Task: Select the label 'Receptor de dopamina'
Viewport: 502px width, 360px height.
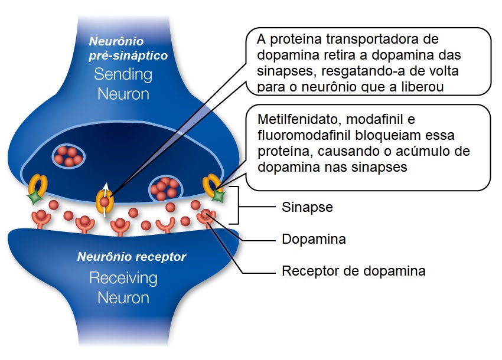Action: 354,271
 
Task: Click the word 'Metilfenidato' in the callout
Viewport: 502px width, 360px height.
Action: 292,120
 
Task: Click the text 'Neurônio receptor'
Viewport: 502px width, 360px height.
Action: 132,257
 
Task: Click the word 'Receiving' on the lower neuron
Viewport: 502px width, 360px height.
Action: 123,277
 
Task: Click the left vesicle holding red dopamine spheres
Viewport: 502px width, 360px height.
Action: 70,156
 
